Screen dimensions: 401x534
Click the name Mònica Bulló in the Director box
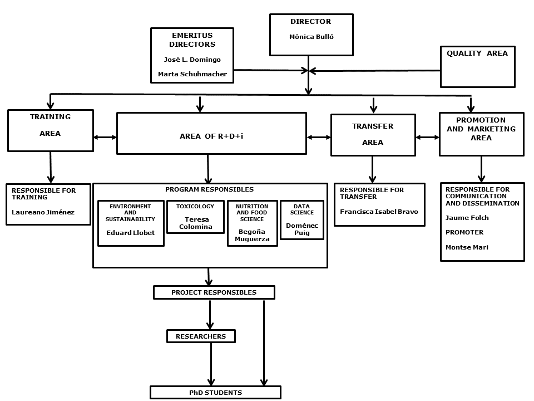click(x=311, y=37)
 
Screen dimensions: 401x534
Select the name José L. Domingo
click(x=192, y=60)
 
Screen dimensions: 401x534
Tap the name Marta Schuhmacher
click(x=192, y=74)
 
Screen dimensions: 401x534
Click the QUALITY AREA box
click(x=477, y=67)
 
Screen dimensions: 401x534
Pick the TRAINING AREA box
click(x=50, y=130)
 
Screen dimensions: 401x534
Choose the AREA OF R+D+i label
click(x=211, y=136)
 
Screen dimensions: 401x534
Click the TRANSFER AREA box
click(x=373, y=135)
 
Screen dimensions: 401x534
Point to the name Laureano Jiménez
click(x=43, y=212)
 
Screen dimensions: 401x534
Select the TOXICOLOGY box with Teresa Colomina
click(x=195, y=217)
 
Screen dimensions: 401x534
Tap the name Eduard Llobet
click(x=130, y=233)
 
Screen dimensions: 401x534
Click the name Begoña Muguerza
click(x=253, y=235)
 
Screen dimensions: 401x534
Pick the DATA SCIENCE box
click(x=302, y=219)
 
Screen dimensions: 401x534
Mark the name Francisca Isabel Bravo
click(x=379, y=212)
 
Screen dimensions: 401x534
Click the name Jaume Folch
click(x=467, y=218)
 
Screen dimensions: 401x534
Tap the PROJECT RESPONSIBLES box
click(x=214, y=292)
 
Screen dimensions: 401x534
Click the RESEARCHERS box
click(x=201, y=336)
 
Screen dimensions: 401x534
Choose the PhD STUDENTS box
click(x=215, y=393)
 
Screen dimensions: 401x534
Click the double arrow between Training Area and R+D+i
click(x=105, y=137)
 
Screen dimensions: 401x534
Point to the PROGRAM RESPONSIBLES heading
click(x=209, y=190)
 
